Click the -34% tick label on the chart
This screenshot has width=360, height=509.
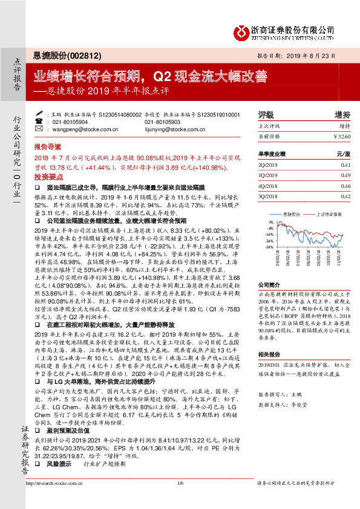270,247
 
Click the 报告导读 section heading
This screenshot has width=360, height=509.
47,147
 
